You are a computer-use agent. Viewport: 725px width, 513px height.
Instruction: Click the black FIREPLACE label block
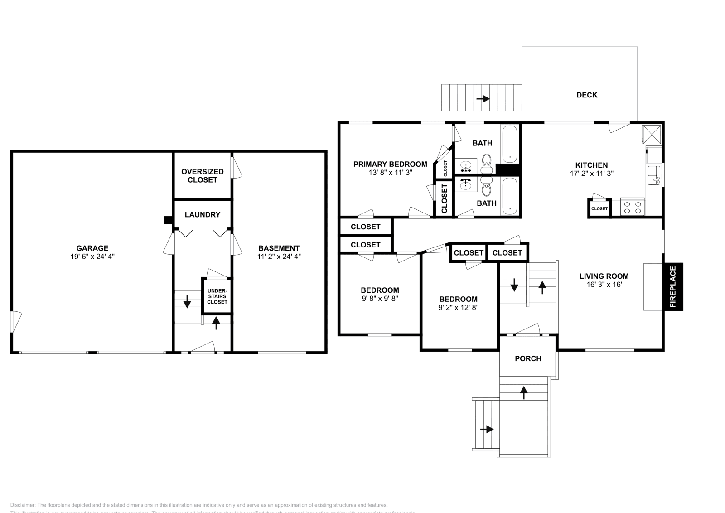click(x=673, y=286)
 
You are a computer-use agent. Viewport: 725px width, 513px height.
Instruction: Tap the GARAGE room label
click(x=92, y=248)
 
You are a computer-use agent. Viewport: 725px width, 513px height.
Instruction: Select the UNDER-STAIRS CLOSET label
click(x=217, y=296)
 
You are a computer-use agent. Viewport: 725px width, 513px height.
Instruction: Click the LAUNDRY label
click(x=202, y=215)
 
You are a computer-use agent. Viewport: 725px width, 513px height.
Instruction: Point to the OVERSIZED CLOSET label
click(x=202, y=175)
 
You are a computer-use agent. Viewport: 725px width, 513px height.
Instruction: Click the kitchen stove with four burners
click(x=633, y=207)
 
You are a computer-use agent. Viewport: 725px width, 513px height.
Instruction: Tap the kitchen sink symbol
click(x=654, y=175)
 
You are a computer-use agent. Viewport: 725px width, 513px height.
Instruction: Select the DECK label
click(x=586, y=95)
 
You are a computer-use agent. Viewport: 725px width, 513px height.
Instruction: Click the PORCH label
click(x=528, y=358)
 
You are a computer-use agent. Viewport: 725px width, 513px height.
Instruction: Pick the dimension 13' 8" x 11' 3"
click(x=390, y=173)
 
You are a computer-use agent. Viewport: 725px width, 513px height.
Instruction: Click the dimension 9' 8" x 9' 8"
click(x=380, y=299)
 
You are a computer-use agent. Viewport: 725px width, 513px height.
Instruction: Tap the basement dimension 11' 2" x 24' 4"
click(x=279, y=256)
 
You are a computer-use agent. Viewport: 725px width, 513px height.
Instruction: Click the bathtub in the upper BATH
click(x=510, y=144)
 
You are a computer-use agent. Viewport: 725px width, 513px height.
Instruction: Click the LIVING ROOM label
click(x=604, y=276)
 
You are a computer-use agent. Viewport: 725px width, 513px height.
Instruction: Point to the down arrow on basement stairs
click(x=187, y=301)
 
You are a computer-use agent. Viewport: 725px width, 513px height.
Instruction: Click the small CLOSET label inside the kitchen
click(x=599, y=208)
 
